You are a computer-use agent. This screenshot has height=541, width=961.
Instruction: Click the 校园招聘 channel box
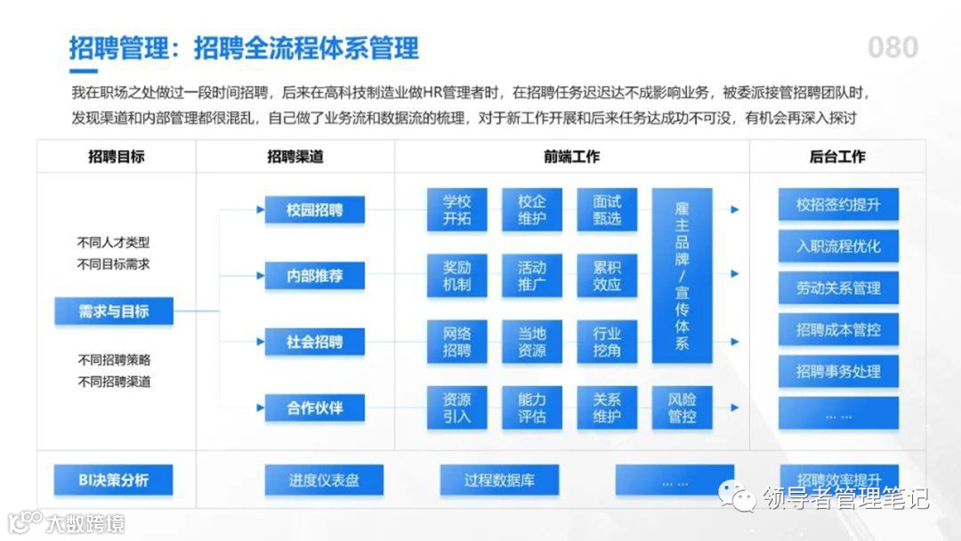point(314,210)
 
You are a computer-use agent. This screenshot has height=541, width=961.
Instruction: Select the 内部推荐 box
point(314,276)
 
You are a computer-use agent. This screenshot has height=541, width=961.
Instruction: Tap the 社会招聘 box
point(314,342)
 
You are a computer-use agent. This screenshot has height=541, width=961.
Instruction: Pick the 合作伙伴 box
point(314,408)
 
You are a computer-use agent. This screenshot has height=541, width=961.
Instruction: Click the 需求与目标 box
point(114,311)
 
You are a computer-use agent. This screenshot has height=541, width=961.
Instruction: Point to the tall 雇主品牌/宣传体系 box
point(682,276)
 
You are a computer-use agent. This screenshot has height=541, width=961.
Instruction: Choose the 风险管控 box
point(682,408)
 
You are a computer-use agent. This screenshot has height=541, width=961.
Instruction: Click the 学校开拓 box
point(456,210)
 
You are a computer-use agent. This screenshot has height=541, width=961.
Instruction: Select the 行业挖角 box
point(607,342)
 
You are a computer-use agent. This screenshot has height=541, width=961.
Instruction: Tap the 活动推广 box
point(532,276)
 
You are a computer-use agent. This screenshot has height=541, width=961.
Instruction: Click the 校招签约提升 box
point(838,205)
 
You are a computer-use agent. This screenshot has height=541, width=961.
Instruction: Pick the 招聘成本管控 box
point(838,330)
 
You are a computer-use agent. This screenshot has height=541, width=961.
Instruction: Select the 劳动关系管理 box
point(838,288)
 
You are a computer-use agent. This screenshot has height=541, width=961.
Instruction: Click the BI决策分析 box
point(114,480)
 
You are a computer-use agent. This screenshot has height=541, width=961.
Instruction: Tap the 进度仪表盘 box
point(324,480)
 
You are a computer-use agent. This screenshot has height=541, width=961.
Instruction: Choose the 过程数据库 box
point(499,480)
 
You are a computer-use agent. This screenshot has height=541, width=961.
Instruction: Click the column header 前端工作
point(572,157)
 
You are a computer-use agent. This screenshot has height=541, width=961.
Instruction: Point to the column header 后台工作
point(837,157)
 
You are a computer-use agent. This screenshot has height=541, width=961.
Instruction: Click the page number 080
point(892,47)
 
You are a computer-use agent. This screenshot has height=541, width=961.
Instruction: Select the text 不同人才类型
point(114,242)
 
